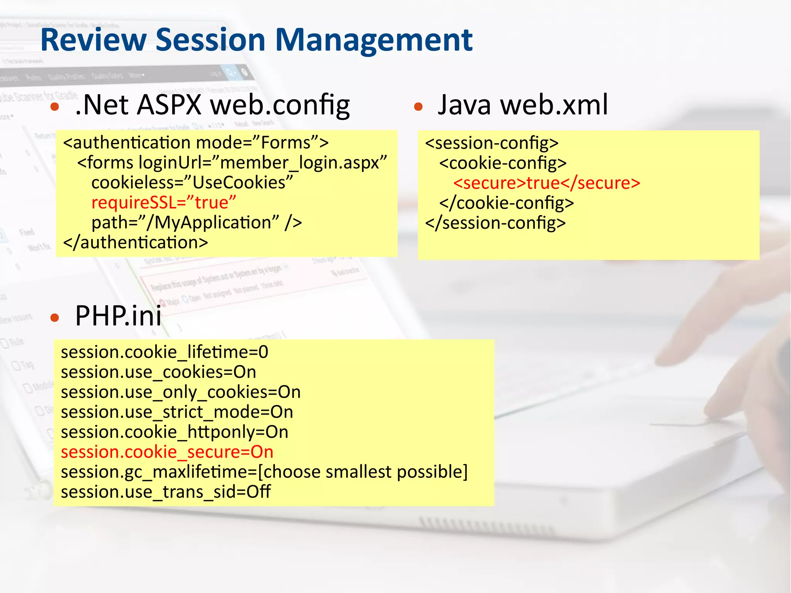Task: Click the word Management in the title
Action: click(x=373, y=41)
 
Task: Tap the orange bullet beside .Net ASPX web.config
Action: click(x=55, y=107)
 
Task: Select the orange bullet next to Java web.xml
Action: click(x=418, y=107)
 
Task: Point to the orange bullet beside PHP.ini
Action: click(x=55, y=318)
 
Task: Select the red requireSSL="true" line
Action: click(x=163, y=202)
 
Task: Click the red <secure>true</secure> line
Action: click(x=547, y=183)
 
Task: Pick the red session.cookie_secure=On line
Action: click(x=167, y=452)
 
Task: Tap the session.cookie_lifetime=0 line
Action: click(x=165, y=352)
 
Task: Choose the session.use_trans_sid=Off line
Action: click(x=166, y=492)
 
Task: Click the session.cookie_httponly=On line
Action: click(x=175, y=432)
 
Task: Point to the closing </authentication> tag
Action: click(x=136, y=243)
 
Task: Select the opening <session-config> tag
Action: click(x=492, y=143)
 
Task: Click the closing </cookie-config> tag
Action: click(x=506, y=203)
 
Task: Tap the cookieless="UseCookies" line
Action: click(x=192, y=182)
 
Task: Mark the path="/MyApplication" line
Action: click(x=197, y=223)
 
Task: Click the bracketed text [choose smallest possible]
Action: click(x=363, y=472)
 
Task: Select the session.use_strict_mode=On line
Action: click(x=177, y=412)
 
